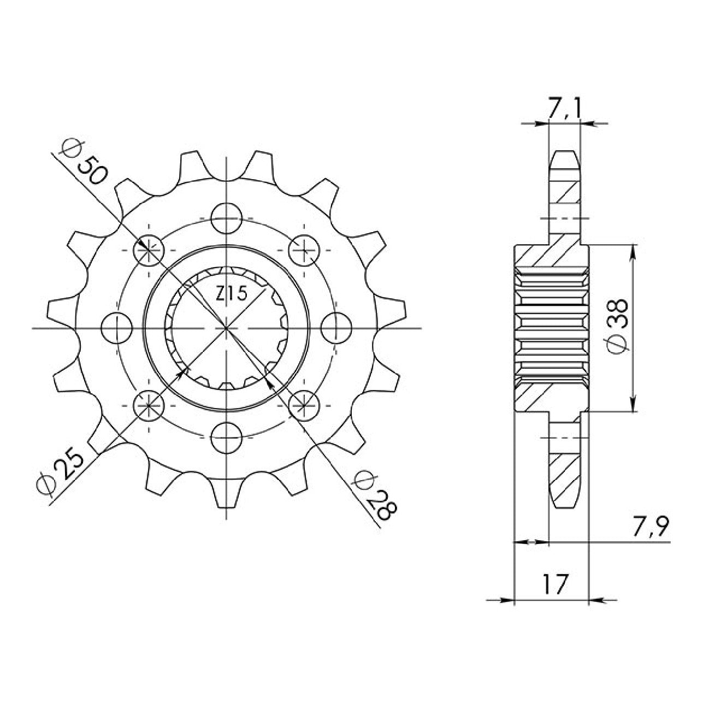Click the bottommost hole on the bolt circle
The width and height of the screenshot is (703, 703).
(227, 437)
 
